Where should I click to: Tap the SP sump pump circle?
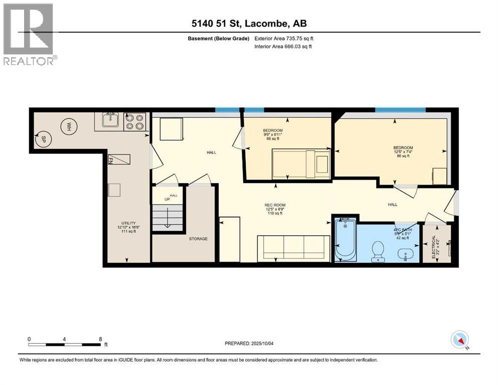coord(44,139)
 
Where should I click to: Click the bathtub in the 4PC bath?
coord(346,240)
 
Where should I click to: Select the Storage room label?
coord(199,239)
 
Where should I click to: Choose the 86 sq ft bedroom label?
coord(403,151)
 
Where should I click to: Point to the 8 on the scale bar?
coord(101,338)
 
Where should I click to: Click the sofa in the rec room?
coord(293,247)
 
